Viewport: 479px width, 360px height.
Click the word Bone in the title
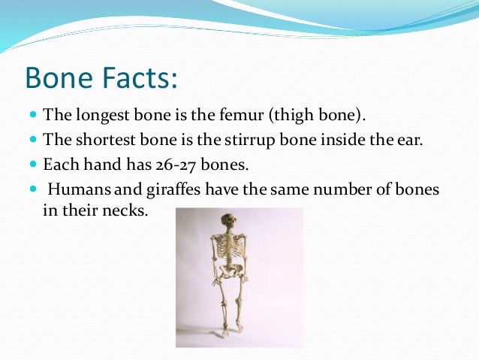[x=59, y=78]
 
